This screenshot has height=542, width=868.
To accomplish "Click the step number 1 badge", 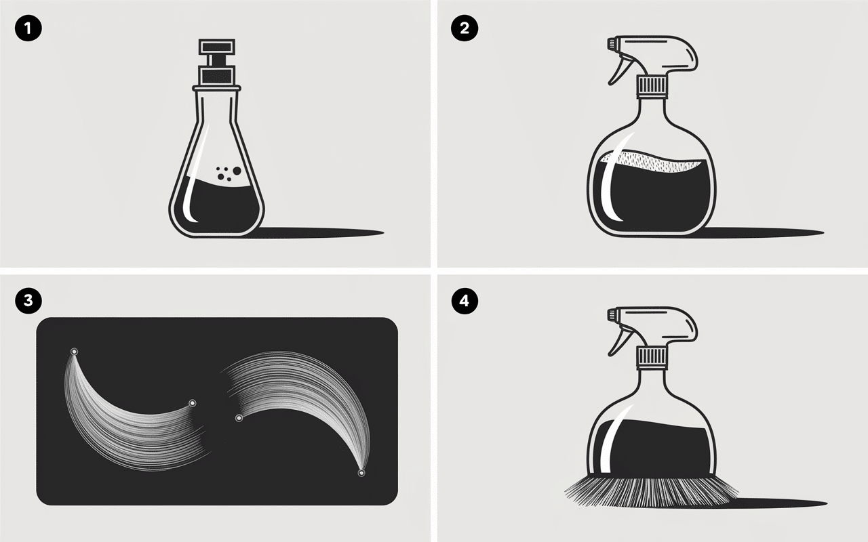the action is click(28, 28).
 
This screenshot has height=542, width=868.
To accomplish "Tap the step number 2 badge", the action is click(465, 28).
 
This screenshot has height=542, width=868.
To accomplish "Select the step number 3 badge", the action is click(28, 300).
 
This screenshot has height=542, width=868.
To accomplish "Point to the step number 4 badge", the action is click(465, 300).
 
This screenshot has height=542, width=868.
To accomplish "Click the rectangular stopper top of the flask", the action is click(216, 47).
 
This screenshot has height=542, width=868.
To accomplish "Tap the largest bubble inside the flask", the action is click(237, 170).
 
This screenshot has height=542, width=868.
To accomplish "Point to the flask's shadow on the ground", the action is click(318, 232).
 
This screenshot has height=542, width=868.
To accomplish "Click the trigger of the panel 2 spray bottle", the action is click(620, 70).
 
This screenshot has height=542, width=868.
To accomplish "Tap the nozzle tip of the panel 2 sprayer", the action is click(612, 43).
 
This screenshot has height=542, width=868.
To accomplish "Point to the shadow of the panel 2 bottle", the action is click(759, 232).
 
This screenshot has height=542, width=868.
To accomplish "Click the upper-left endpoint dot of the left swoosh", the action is click(74, 352).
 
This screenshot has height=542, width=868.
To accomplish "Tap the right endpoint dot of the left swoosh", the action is click(192, 403).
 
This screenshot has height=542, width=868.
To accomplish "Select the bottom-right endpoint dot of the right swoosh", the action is click(361, 473).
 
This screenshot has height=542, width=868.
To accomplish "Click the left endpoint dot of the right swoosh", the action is click(239, 418).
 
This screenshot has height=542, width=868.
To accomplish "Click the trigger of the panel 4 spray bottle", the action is click(620, 341).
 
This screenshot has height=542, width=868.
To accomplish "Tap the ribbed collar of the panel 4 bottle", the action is click(652, 357).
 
